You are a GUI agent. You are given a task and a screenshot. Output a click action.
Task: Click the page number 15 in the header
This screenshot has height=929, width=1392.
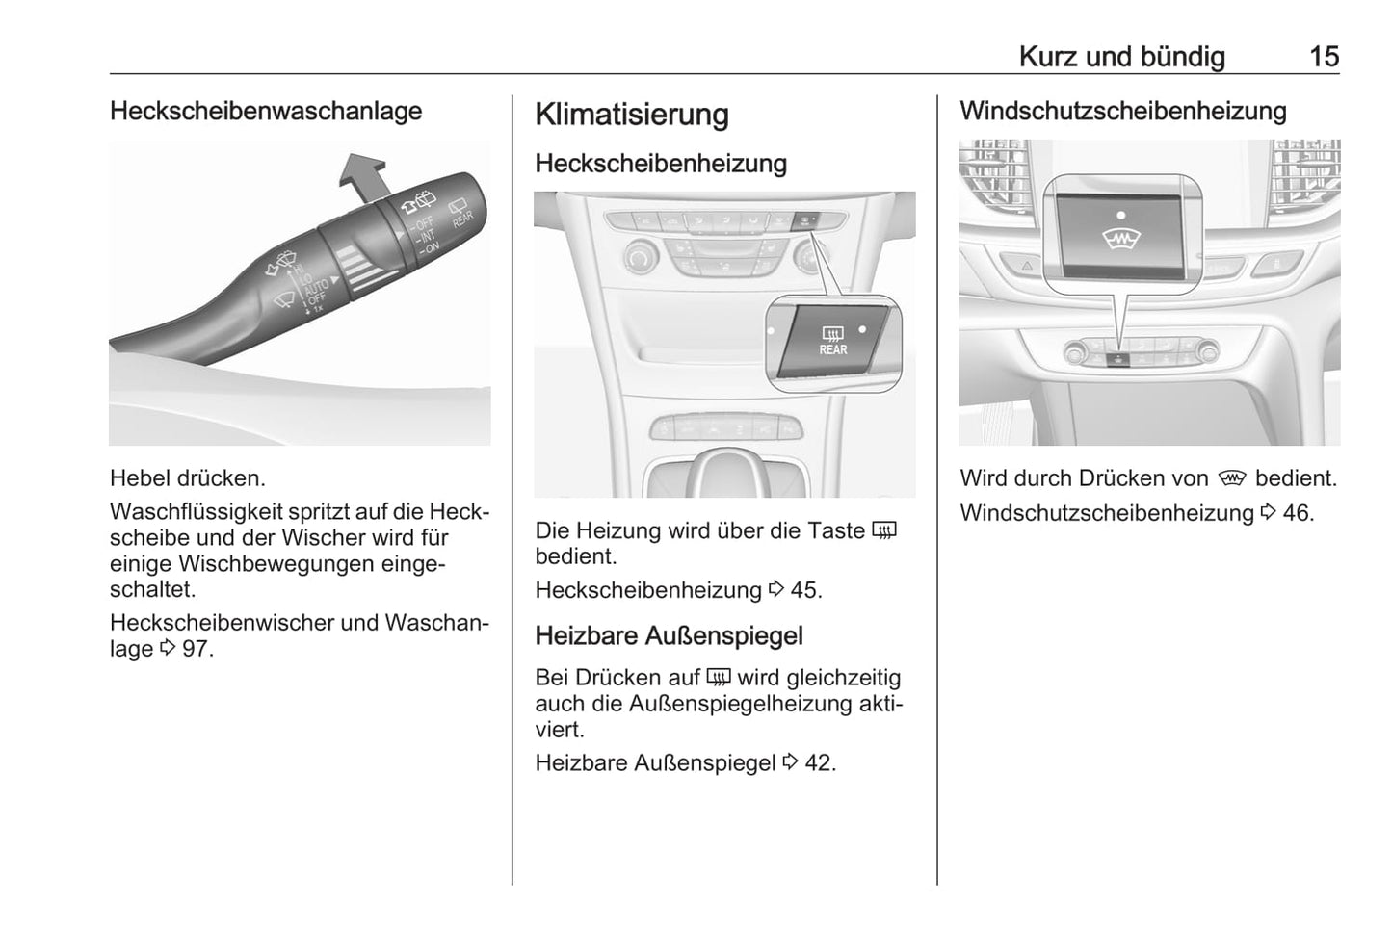[1324, 57]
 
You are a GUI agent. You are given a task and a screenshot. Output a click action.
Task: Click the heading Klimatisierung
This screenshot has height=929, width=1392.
[631, 115]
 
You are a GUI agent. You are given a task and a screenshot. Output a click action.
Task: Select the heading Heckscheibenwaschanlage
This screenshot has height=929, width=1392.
[266, 112]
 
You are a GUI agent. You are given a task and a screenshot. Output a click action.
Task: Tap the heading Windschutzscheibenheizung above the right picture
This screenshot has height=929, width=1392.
[1122, 112]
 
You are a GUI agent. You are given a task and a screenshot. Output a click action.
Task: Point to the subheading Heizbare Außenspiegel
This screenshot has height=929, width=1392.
[669, 636]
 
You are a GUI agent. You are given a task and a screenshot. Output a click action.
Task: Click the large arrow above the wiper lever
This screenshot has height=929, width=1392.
[363, 175]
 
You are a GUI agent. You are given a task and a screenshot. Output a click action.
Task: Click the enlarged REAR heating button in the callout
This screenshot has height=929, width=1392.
[831, 342]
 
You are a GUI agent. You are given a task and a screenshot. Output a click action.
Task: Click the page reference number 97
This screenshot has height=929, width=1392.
[195, 649]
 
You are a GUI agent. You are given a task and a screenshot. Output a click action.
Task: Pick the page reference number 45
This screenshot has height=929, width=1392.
[804, 590]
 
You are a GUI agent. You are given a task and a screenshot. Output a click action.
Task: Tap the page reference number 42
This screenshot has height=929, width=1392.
[819, 763]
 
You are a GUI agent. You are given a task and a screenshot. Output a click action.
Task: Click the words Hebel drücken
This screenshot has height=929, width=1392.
[187, 478]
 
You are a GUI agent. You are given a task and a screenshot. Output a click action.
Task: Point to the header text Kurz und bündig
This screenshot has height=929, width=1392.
[1121, 57]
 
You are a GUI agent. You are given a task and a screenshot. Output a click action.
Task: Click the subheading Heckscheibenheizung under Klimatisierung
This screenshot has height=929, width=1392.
[661, 164]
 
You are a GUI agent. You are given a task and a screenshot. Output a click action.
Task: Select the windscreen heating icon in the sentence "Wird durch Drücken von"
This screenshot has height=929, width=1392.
[1231, 478]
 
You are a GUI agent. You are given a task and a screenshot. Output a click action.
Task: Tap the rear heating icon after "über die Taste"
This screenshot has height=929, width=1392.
[883, 530]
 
